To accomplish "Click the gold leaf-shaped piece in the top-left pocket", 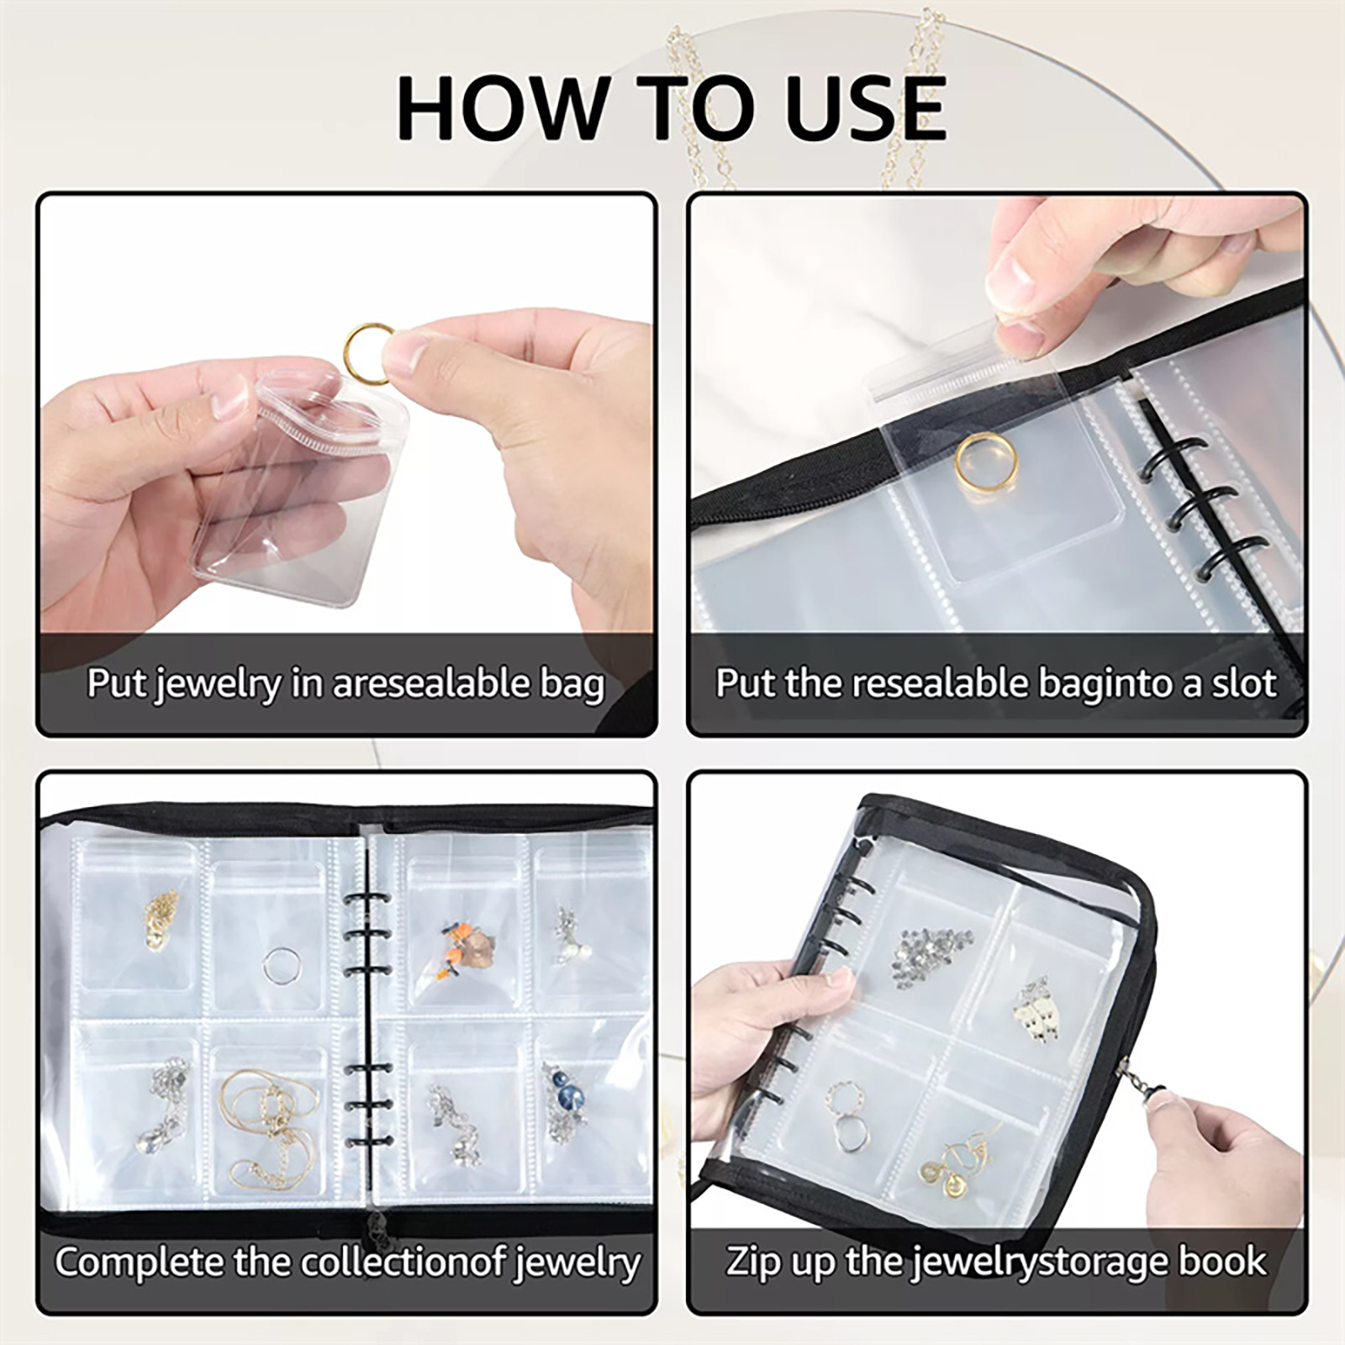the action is point(161,920).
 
